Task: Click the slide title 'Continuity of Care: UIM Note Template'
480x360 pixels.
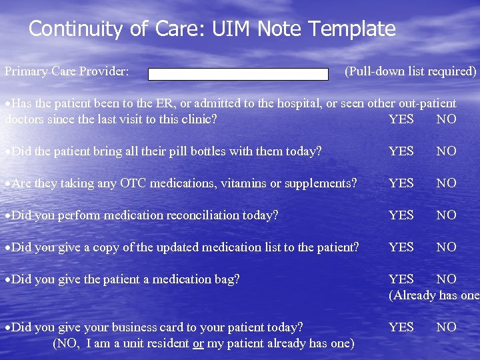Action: coord(212,29)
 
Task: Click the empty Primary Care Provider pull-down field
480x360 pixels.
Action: coord(238,74)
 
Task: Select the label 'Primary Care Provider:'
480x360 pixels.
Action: coord(67,71)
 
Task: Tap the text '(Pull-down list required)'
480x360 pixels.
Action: coord(410,71)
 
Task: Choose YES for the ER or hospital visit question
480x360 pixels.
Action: coord(401,120)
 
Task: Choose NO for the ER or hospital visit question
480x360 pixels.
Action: coord(446,120)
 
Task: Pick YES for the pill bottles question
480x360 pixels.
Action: coord(401,151)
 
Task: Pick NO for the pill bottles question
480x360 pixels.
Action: coord(446,151)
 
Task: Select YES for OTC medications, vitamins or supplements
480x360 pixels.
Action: coord(401,183)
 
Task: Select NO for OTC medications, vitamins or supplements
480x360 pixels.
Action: coord(446,183)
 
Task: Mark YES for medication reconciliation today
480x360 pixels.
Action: coord(401,215)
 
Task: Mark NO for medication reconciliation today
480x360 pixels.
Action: coord(446,215)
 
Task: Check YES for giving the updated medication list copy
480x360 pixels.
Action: coord(401,247)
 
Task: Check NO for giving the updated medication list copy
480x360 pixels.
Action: coord(446,247)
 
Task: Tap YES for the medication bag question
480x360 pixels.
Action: coord(401,279)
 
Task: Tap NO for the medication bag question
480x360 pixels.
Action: coord(446,279)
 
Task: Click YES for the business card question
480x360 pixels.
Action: coord(401,327)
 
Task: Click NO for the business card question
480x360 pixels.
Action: coord(446,327)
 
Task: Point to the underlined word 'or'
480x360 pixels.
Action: coord(198,343)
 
